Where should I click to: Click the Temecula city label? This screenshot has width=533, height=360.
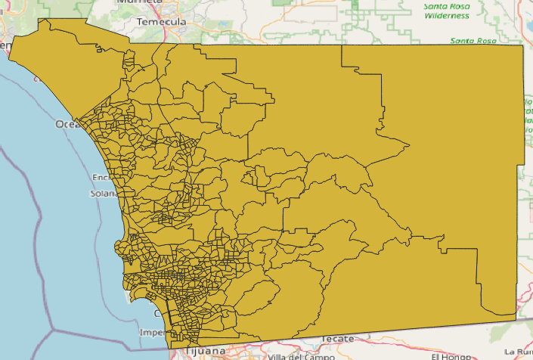click(161, 22)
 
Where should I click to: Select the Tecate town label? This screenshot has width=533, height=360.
click(337, 338)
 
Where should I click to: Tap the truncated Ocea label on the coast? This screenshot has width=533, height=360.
click(66, 124)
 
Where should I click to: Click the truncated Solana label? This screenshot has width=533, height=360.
click(104, 193)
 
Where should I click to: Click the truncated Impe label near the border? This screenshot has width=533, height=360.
click(152, 333)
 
